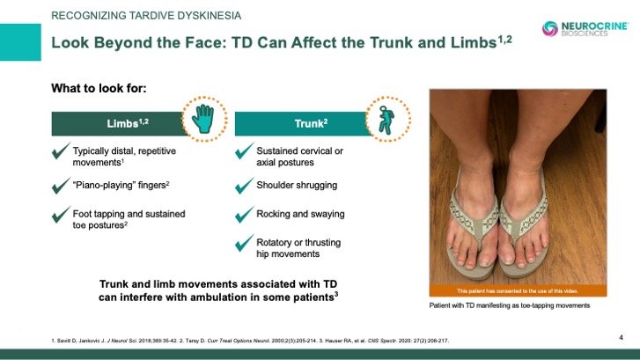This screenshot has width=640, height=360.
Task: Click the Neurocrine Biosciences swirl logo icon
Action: pos(550,28)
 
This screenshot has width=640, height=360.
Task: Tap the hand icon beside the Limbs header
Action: pos(203,119)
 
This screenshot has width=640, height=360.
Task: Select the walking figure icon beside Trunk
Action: pos(386,120)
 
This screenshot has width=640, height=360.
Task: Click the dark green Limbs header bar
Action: pos(118,123)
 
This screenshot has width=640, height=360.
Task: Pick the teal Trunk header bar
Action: pos(302,123)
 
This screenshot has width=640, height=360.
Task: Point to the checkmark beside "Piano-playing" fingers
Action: pos(61,186)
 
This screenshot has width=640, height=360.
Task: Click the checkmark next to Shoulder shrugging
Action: pos(245,186)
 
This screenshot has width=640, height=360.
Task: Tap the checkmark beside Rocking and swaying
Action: pos(245,215)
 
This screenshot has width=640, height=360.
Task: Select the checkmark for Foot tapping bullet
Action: pos(61,215)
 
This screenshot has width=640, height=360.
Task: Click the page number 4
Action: pos(621,337)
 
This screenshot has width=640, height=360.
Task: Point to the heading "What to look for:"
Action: pos(99,88)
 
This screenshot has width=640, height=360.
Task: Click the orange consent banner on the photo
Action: pos(518,291)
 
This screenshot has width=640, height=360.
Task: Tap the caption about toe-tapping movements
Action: pos(510,305)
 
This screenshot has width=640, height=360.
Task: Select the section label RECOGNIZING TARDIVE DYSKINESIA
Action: pos(146,16)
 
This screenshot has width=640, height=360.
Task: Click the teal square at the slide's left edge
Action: pos(20,42)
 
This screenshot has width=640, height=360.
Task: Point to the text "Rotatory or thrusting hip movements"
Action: pos(298,248)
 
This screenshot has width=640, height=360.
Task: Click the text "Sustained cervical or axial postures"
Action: pos(299,157)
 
